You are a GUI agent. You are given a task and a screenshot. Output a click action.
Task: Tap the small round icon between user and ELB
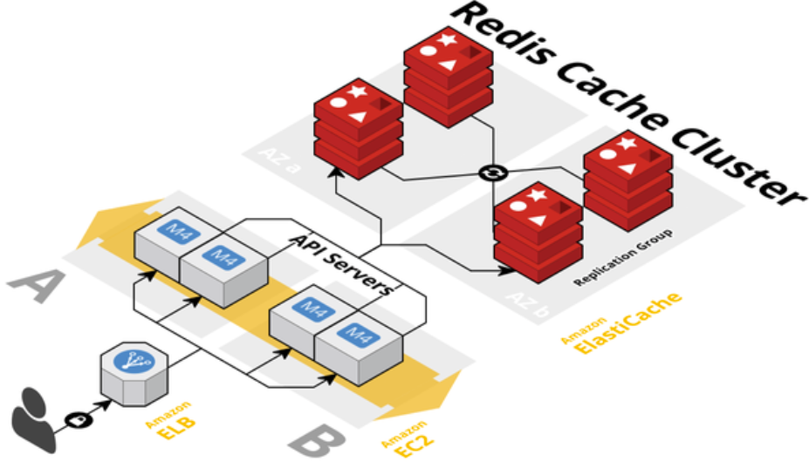(79, 420)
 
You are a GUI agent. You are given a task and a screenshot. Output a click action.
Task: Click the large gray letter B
(322, 441)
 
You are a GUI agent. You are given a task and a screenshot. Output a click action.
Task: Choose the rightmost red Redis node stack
(627, 182)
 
